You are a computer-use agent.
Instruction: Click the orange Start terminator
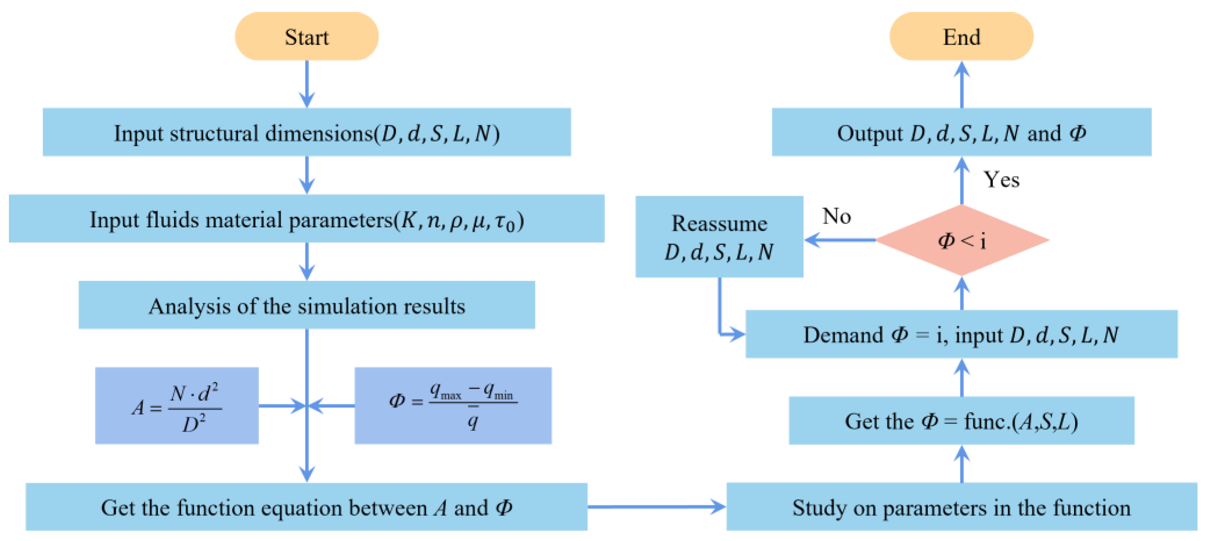(307, 36)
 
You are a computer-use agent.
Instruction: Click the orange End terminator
(961, 36)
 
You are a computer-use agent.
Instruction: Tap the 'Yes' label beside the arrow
(1001, 180)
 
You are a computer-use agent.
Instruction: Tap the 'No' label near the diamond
(837, 216)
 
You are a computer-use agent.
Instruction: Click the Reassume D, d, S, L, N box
(719, 237)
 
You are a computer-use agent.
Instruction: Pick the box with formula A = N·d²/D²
(176, 405)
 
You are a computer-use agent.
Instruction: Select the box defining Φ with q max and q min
(453, 405)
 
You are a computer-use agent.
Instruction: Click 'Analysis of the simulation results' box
(307, 305)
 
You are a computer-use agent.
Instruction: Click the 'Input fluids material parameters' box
(307, 219)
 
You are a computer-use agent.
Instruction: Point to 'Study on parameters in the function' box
(961, 507)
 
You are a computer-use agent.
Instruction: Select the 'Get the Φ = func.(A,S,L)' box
(961, 420)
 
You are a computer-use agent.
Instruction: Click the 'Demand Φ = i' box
(961, 334)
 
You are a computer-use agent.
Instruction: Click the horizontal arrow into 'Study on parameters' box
(655, 506)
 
